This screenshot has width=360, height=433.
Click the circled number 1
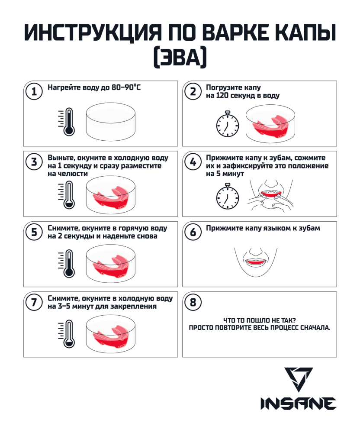pyautogui.click(x=34, y=91)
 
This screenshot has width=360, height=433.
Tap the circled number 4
pyautogui.click(x=193, y=162)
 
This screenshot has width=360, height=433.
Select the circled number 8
pyautogui.click(x=193, y=302)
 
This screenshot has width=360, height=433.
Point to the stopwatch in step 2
pyautogui.click(x=227, y=124)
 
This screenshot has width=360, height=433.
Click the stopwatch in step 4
pyautogui.click(x=227, y=196)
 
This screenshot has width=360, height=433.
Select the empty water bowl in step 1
pyautogui.click(x=111, y=122)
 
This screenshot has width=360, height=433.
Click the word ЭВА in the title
pyautogui.click(x=180, y=58)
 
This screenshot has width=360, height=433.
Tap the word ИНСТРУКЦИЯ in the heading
pyautogui.click(x=93, y=32)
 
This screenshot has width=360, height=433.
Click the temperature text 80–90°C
pyautogui.click(x=126, y=87)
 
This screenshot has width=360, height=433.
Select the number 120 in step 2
pyautogui.click(x=222, y=96)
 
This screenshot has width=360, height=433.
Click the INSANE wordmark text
pyautogui.click(x=298, y=404)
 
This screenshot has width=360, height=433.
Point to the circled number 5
pyautogui.click(x=34, y=232)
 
